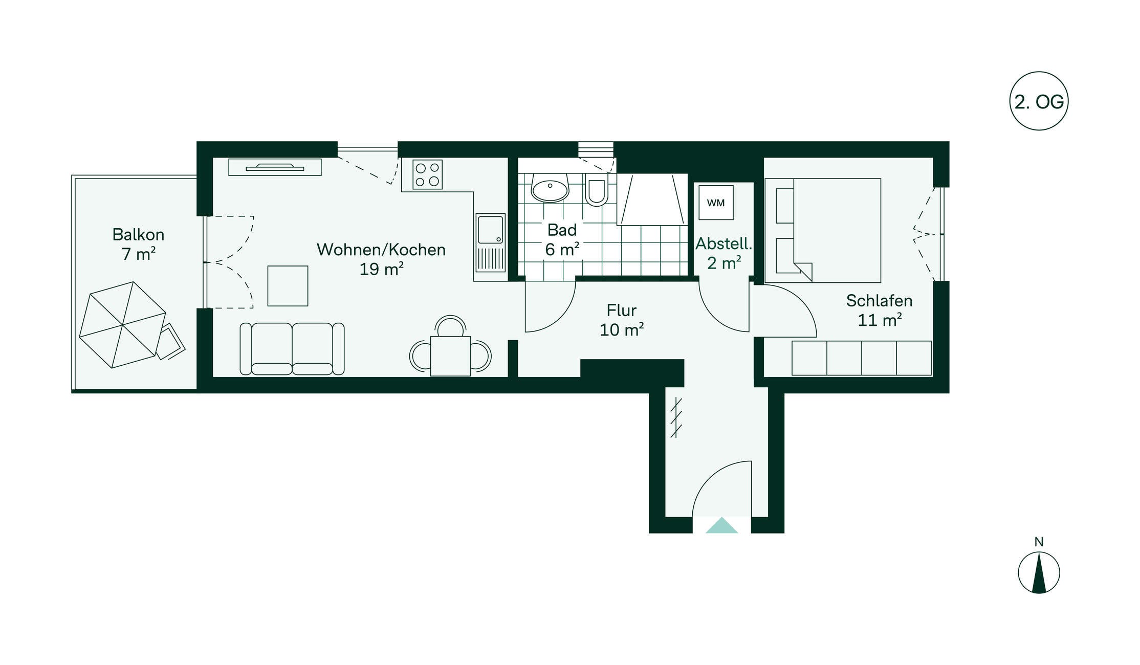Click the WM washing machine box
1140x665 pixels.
pyautogui.click(x=716, y=203)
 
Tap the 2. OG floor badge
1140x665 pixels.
pyautogui.click(x=1039, y=101)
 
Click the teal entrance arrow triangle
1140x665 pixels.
pyautogui.click(x=721, y=525)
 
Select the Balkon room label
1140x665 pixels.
pyautogui.click(x=138, y=244)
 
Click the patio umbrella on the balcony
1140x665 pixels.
pyautogui.click(x=122, y=325)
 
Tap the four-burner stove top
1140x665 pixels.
pyautogui.click(x=427, y=174)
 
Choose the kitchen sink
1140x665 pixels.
pyautogui.click(x=491, y=243)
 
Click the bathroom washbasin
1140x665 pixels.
pyautogui.click(x=550, y=188)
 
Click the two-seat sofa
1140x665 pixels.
pyautogui.click(x=292, y=349)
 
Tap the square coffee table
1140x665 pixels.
pyautogui.click(x=288, y=286)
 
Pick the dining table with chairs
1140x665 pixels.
pyautogui.click(x=450, y=346)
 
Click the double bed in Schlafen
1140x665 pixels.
pyautogui.click(x=823, y=230)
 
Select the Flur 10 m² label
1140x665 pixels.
pyautogui.click(x=622, y=320)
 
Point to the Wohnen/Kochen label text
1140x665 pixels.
pyautogui.click(x=381, y=250)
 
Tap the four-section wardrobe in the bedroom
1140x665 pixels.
pyautogui.click(x=862, y=358)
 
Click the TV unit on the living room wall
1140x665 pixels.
pyautogui.click(x=275, y=167)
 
